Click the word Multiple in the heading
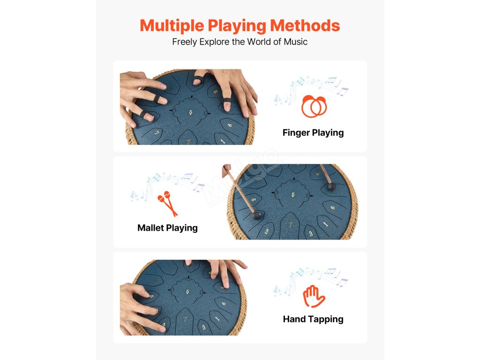tap(172, 26)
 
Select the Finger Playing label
tap(313, 133)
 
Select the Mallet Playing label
tap(167, 228)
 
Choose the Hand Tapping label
tap(313, 319)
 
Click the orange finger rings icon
tap(314, 106)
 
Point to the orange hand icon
tap(314, 296)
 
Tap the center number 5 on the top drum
tap(191, 112)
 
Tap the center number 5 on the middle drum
tap(293, 195)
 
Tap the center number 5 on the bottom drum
tap(187, 292)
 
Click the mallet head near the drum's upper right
tap(331, 187)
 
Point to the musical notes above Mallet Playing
tap(167, 186)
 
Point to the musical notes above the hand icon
tap(311, 281)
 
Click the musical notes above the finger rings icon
tap(311, 90)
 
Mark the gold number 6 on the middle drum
tap(332, 208)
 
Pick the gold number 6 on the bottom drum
tap(224, 303)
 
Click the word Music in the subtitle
tap(295, 42)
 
